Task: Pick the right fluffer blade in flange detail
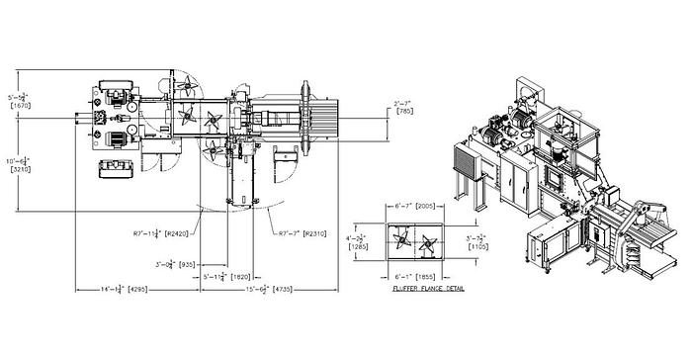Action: (428, 239)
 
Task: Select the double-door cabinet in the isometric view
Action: (516, 182)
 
